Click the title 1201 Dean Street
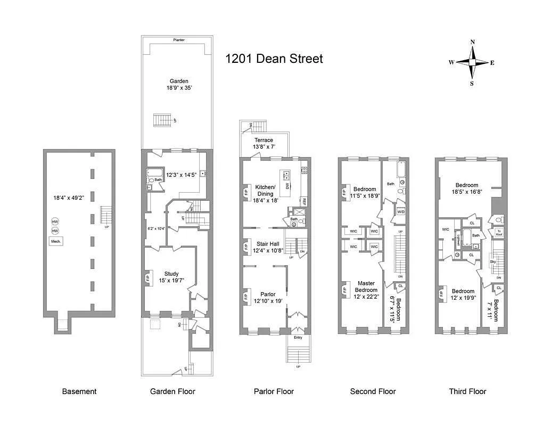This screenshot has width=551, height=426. [x=274, y=59]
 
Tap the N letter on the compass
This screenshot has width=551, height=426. [x=472, y=42]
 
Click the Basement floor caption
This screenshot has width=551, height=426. [x=79, y=391]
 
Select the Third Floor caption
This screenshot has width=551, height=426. [x=467, y=391]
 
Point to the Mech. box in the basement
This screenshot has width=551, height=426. [x=56, y=241]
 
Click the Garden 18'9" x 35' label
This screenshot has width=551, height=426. [x=179, y=85]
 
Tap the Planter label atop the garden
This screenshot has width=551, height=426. [x=179, y=40]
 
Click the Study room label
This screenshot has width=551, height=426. [x=171, y=277]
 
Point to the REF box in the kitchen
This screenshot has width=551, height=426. [x=304, y=202]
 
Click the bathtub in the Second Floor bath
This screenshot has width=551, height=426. [x=400, y=170]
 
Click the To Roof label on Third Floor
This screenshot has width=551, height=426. [x=499, y=232]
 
